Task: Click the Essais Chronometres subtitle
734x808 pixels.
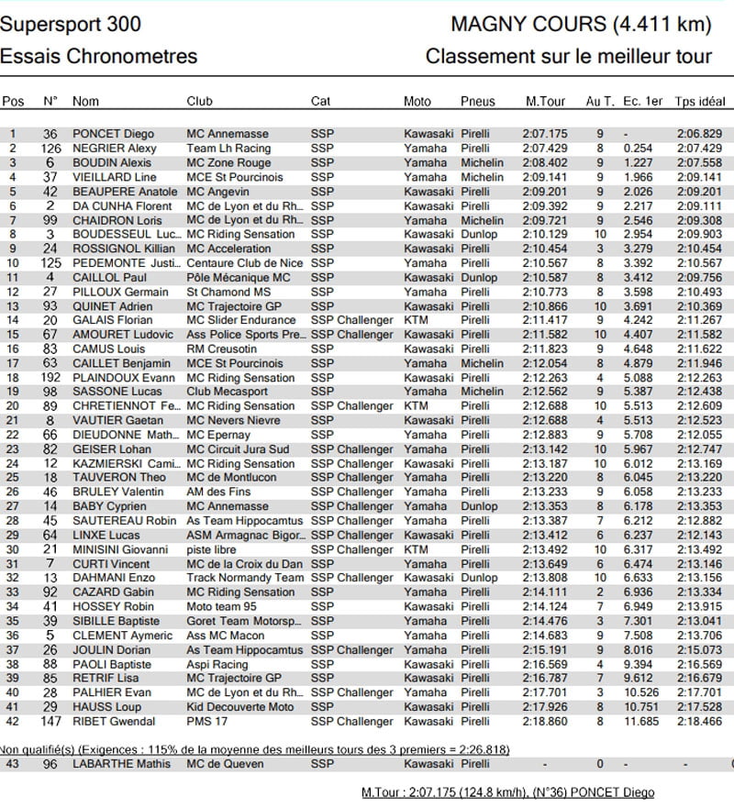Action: pos(99,56)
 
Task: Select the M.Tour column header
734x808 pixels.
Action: pos(545,101)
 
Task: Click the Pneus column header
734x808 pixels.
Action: pos(477,101)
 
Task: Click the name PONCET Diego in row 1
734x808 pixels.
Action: pos(113,134)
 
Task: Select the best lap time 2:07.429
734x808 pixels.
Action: pos(545,148)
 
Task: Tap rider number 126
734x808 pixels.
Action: pos(50,148)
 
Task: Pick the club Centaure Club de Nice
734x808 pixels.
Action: pos(243,262)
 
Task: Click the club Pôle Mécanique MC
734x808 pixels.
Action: pos(238,277)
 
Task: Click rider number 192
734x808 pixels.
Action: pos(50,377)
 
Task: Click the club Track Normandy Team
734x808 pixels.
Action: pos(244,578)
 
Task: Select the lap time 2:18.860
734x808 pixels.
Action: pos(545,721)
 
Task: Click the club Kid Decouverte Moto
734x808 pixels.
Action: pos(240,706)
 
